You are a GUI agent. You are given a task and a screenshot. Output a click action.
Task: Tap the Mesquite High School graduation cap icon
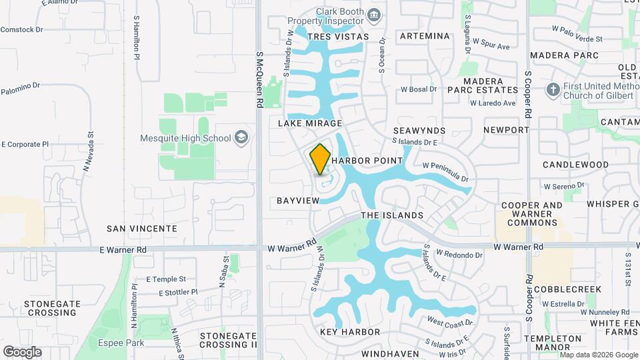tap(241, 138)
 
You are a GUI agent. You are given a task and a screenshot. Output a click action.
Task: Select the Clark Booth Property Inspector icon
tap(374, 14)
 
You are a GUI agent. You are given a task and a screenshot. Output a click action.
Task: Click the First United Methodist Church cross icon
tap(553, 89)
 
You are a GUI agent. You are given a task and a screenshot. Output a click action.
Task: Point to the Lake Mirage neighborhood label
tap(311, 123)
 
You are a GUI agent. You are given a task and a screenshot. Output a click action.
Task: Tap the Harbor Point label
tap(367, 161)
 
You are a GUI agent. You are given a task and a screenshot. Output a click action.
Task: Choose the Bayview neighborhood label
tap(293, 200)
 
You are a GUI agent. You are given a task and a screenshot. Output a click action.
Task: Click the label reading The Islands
tap(392, 215)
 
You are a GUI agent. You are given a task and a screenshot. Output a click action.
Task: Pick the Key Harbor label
tap(350, 332)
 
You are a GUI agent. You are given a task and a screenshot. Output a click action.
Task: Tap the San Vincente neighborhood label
tap(142, 228)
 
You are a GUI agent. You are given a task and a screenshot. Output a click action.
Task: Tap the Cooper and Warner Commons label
tap(532, 214)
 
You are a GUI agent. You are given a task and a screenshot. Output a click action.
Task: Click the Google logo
tap(22, 351)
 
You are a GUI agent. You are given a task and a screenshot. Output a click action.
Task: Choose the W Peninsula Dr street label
tap(445, 172)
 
